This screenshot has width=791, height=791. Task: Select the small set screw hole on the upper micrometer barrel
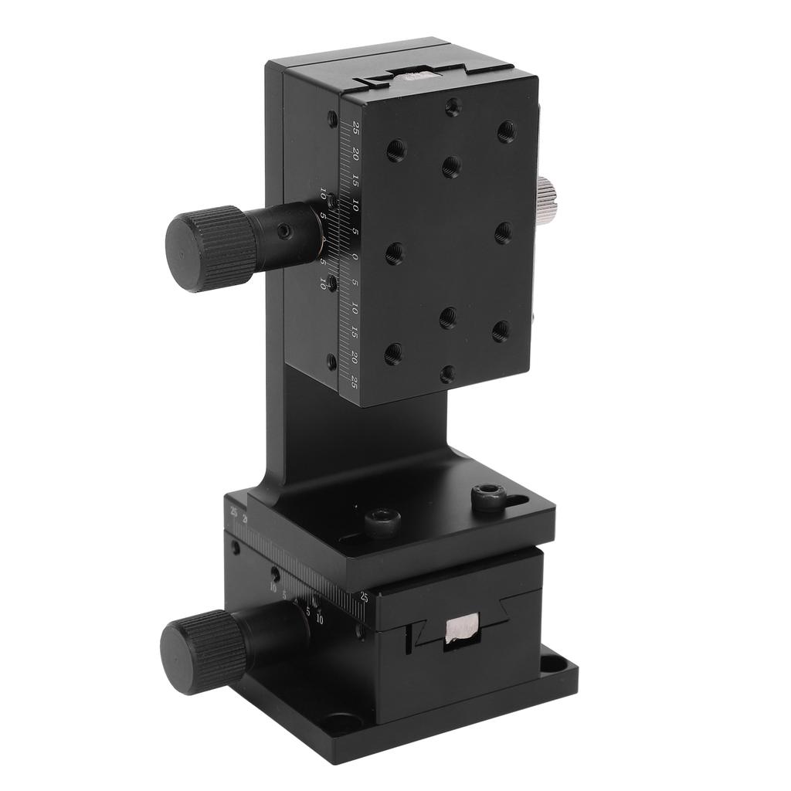click(286, 231)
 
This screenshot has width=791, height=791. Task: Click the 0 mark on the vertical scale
click(355, 256)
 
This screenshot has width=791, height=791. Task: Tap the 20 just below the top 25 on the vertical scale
click(355, 153)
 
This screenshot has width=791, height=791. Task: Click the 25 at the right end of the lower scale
click(364, 596)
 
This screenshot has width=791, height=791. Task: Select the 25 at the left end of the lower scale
click(233, 511)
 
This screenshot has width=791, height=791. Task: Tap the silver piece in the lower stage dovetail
click(461, 628)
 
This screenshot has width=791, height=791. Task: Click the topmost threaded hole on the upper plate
click(453, 107)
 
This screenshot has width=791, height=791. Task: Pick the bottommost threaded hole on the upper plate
click(447, 374)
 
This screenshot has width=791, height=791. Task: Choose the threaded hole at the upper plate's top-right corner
click(507, 131)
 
